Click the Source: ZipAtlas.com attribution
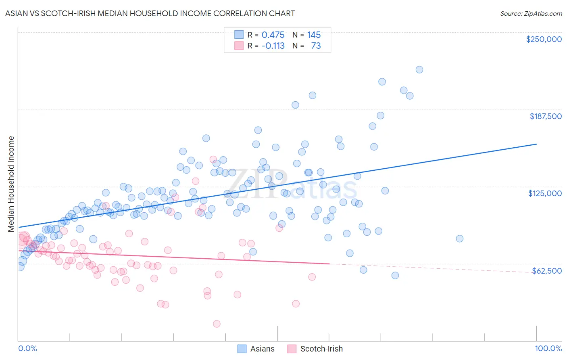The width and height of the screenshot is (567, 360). tap(531, 13)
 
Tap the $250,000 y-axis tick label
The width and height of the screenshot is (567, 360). tap(544, 39)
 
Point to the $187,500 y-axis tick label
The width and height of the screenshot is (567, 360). tap(545, 116)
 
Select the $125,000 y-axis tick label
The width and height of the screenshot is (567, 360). tap(545, 193)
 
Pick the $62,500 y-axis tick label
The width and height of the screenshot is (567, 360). tap(546, 271)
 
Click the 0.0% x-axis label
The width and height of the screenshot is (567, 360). tap(27, 348)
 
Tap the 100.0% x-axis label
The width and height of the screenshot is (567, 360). tap(548, 348)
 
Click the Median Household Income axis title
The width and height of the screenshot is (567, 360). tap(11, 184)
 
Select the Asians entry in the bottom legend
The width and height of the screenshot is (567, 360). tap(262, 349)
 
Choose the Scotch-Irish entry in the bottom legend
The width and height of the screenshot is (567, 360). tap(321, 349)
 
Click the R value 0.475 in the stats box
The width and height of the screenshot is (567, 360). tap(273, 35)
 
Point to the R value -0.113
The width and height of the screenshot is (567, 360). tap(273, 46)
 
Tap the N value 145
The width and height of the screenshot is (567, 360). tap(314, 35)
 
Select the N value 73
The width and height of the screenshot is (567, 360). tap(316, 46)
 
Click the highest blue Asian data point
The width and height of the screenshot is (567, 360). tap(419, 69)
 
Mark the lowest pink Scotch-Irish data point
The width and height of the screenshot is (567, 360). tap(217, 324)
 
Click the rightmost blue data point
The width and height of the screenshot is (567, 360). tap(460, 239)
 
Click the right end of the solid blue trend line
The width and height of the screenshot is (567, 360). tap(536, 144)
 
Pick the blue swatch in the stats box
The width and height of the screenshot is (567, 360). tap(239, 35)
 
